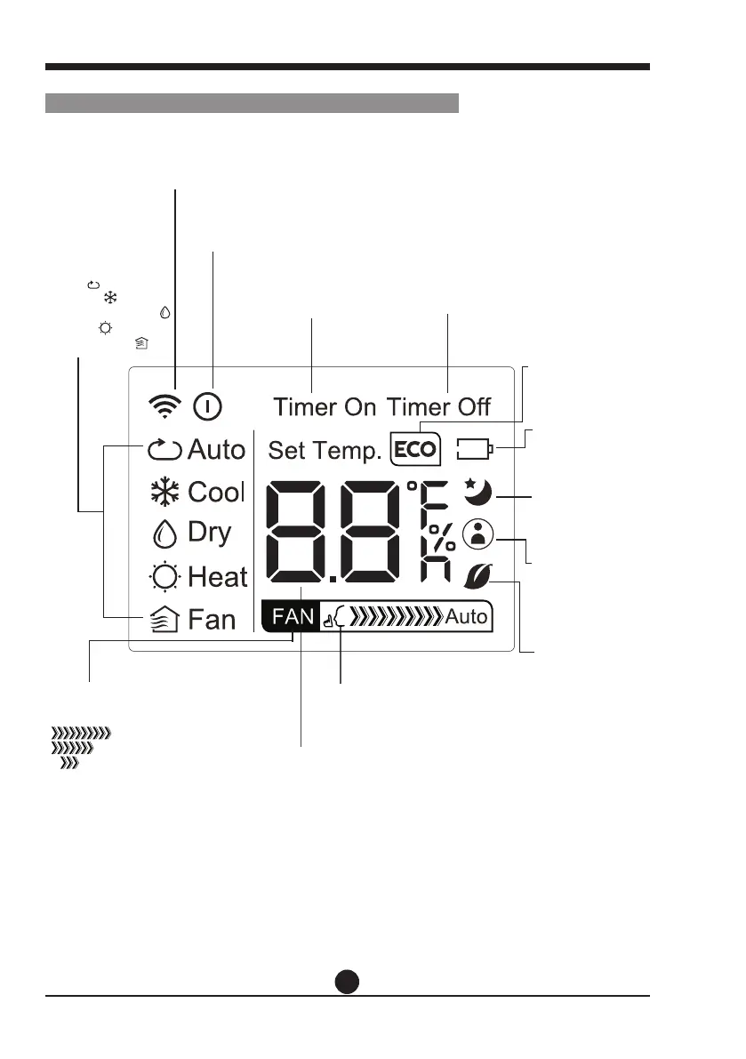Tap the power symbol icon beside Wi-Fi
[208, 407]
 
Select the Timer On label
[325, 407]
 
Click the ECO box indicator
[415, 450]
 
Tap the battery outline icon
[474, 451]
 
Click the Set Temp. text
[325, 451]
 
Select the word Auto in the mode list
[216, 450]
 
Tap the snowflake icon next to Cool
[164, 492]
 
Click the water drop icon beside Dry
[164, 534]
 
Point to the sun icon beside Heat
[164, 577]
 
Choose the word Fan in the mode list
[213, 619]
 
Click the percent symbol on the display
[444, 534]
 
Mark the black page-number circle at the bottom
[349, 981]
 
